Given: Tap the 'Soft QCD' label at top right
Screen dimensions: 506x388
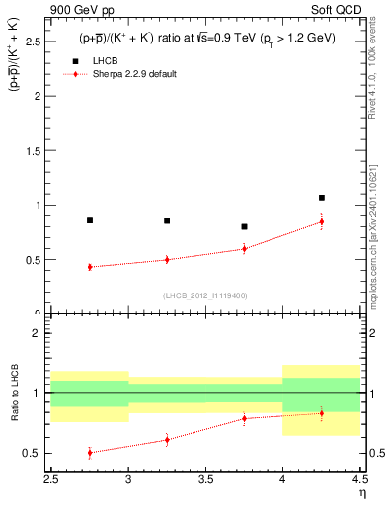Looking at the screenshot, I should coord(335,9).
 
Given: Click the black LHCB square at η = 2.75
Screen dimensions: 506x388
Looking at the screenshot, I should coord(90,220).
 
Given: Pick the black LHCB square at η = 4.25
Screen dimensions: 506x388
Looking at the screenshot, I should coord(321,198).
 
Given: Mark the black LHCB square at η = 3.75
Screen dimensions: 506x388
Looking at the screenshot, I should coord(244,226).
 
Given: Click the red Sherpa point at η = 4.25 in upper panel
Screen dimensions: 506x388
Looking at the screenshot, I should coord(321,221).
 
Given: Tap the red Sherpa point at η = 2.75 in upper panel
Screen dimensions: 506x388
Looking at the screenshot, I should coord(90,267).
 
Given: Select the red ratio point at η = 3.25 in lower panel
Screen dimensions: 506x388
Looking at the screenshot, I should coord(167,439).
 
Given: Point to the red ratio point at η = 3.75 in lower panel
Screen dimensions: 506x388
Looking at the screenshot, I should coord(244,418).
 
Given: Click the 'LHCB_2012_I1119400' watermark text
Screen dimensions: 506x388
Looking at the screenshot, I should coord(205,295).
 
